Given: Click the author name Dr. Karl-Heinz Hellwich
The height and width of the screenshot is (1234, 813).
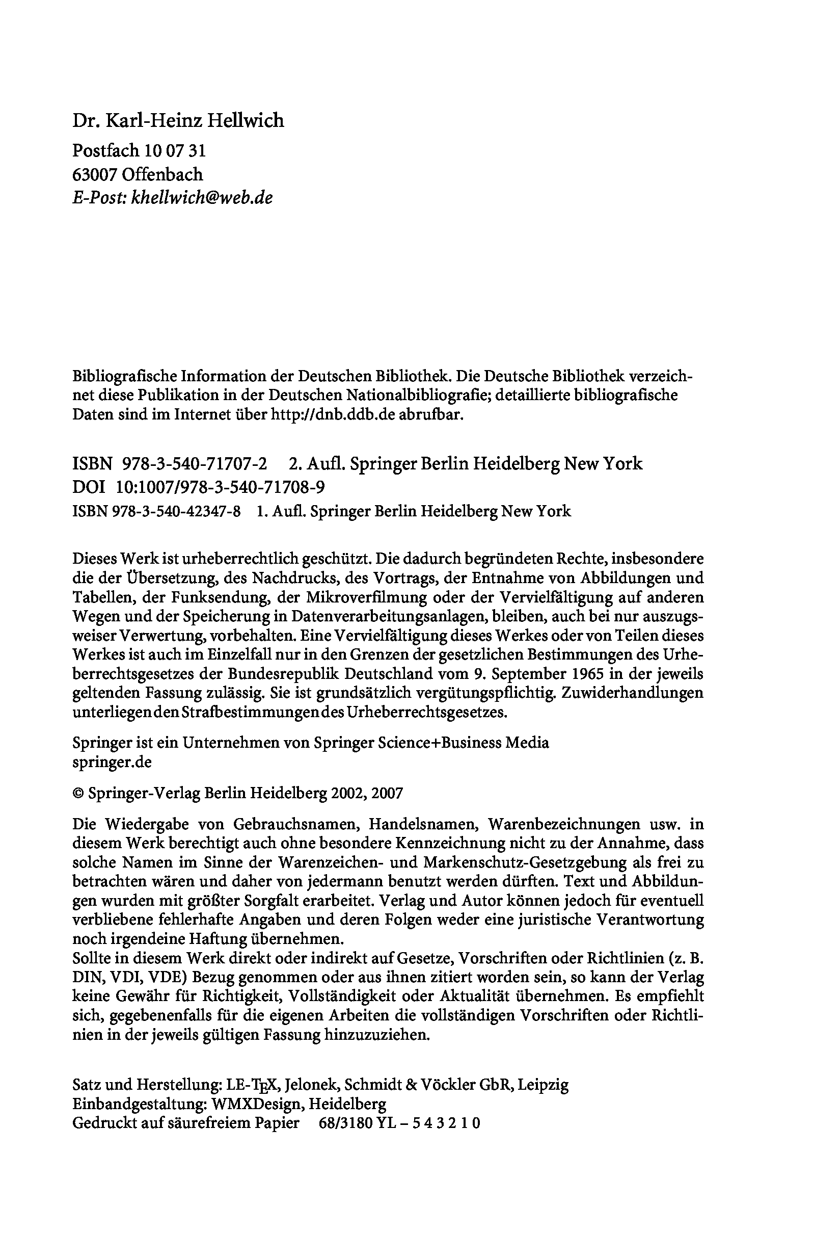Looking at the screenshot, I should click(x=178, y=120).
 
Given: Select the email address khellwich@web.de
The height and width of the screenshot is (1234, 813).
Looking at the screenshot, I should click(x=202, y=197).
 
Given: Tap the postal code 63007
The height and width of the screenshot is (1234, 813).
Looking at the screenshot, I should click(x=95, y=174).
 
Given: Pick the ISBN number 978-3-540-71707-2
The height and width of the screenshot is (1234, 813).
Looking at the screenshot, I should click(x=195, y=463).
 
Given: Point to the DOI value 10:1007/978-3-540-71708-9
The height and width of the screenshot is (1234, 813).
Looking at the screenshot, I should click(x=221, y=487).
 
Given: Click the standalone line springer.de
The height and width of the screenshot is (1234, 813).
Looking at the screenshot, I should click(x=112, y=762).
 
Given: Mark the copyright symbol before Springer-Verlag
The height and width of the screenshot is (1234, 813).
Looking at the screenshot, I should click(x=78, y=793).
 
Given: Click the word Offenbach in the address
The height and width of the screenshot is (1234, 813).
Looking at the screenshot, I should click(x=162, y=174).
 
